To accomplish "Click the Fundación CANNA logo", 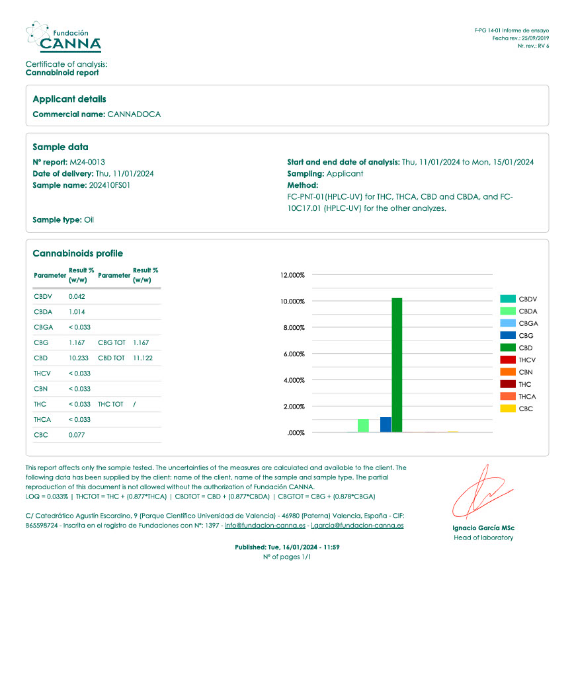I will [x=63, y=37].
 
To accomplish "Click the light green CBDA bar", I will [x=363, y=425].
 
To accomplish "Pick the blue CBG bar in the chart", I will [x=386, y=424].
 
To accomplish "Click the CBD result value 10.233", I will [x=79, y=358].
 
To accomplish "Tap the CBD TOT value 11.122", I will [x=143, y=358].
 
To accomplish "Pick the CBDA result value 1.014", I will [x=77, y=311].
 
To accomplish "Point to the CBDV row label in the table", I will [x=42, y=296].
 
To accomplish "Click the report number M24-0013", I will [x=87, y=162].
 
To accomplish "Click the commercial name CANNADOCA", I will [x=134, y=114].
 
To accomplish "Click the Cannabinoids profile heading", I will [x=77, y=254].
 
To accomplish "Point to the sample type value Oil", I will [x=89, y=219].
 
